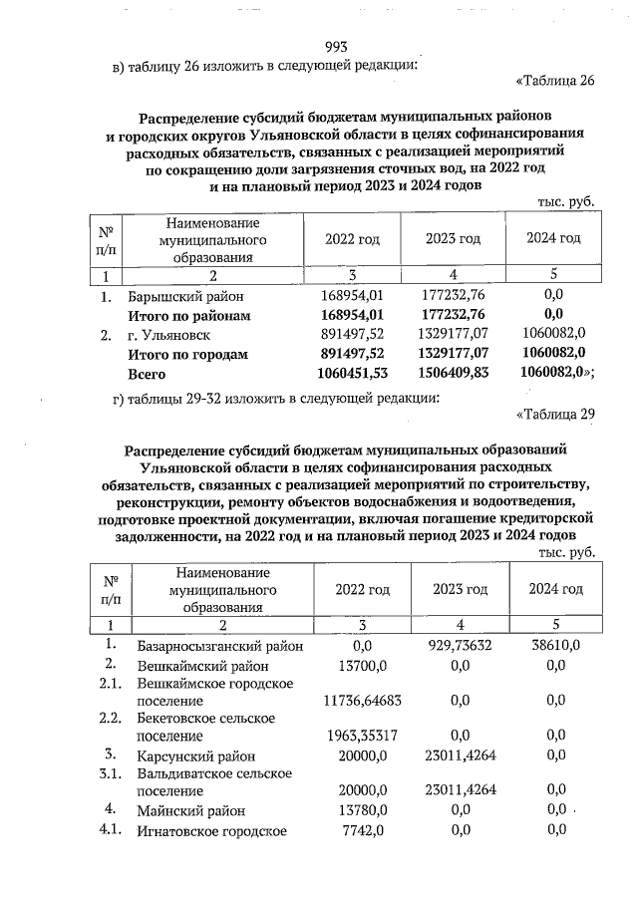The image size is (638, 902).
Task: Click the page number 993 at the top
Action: pyautogui.click(x=336, y=47)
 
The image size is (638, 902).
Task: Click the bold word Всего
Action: pyautogui.click(x=147, y=374)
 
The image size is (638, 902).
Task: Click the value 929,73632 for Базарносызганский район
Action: pyautogui.click(x=454, y=645)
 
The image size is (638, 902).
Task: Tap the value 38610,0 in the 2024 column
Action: pyautogui.click(x=555, y=645)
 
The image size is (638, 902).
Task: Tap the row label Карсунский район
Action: pyautogui.click(x=189, y=755)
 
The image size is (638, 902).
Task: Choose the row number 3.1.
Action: pyautogui.click(x=111, y=772)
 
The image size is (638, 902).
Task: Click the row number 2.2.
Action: pyautogui.click(x=111, y=718)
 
